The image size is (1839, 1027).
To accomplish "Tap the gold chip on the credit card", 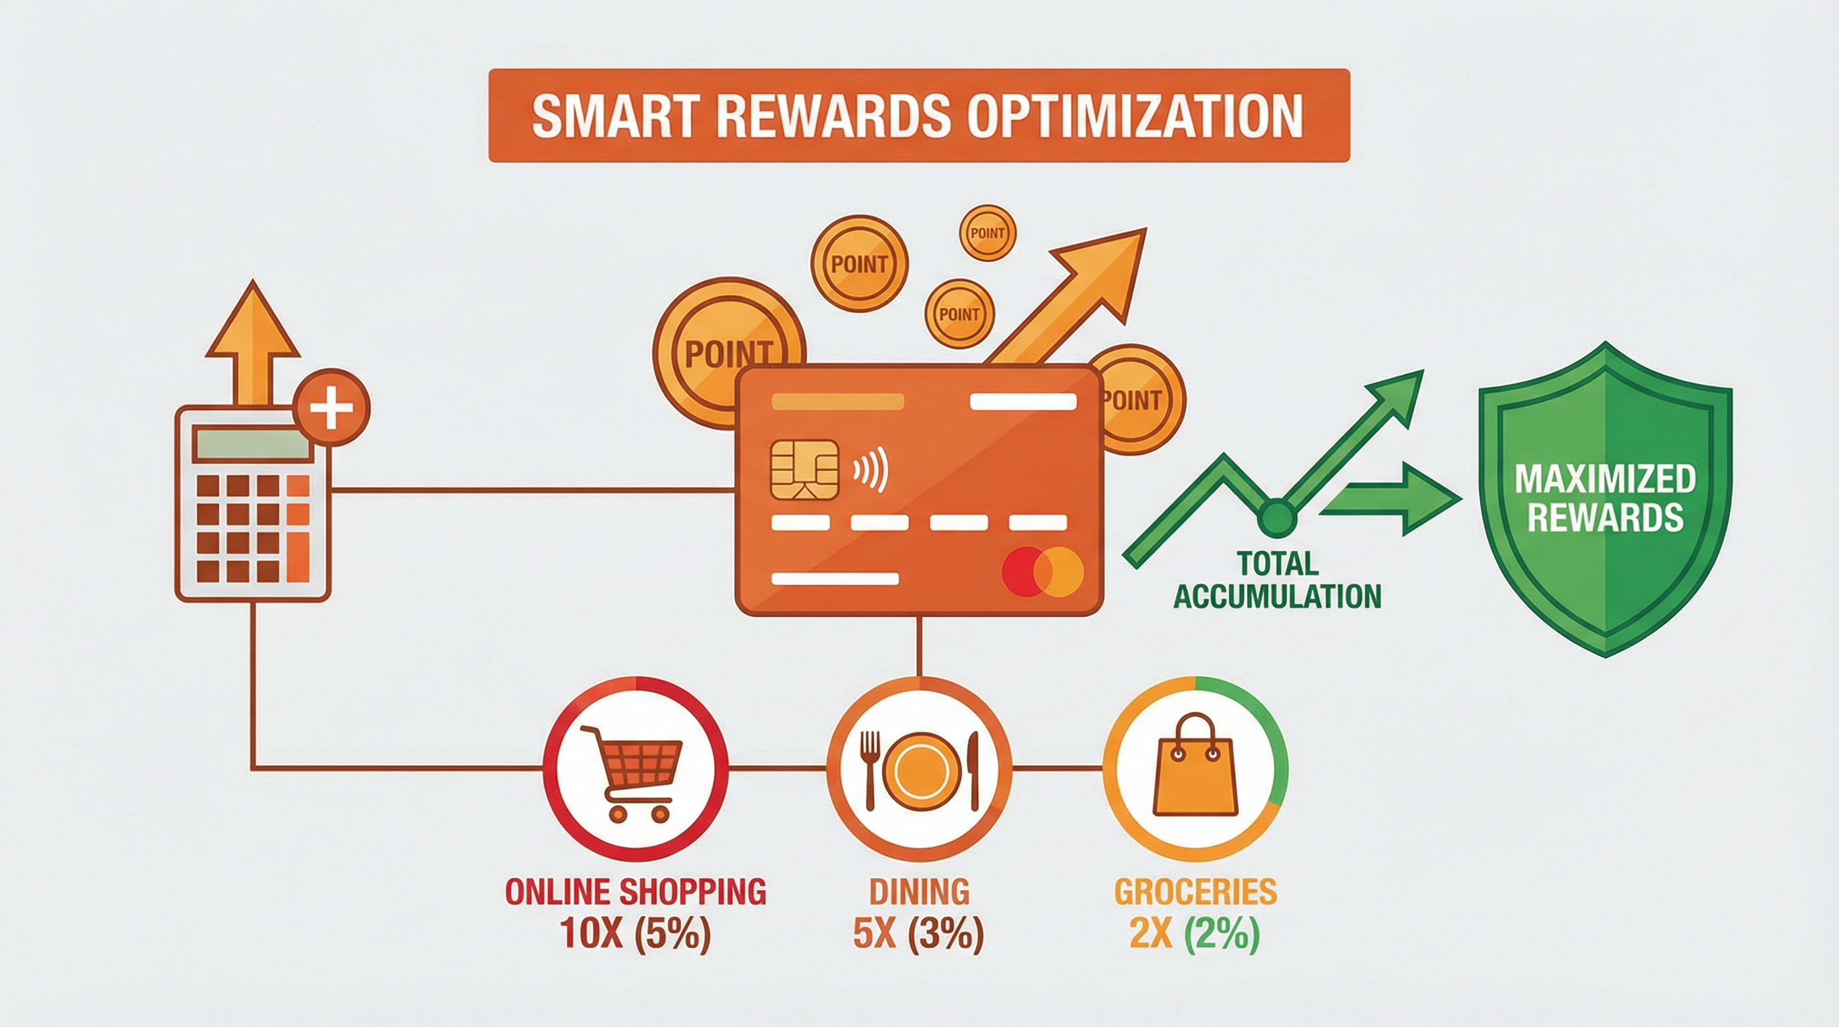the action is click(x=805, y=469).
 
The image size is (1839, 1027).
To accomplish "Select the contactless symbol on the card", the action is click(x=870, y=469).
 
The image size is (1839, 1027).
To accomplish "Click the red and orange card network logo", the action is click(x=1043, y=572).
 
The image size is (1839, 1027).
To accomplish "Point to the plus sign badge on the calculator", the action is click(x=331, y=408).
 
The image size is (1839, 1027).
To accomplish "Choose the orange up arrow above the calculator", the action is click(x=253, y=343).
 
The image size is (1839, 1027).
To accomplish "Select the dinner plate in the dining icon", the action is click(x=920, y=771).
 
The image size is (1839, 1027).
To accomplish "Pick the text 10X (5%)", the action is click(x=635, y=933).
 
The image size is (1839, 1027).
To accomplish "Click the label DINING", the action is click(x=920, y=892).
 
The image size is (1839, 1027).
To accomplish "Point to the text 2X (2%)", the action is click(x=1193, y=933).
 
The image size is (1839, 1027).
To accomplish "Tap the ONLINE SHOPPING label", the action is click(x=635, y=892).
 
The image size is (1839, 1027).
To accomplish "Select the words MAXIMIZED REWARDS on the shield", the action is click(x=1605, y=498).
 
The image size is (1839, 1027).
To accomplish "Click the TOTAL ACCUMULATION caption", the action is click(x=1277, y=578).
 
